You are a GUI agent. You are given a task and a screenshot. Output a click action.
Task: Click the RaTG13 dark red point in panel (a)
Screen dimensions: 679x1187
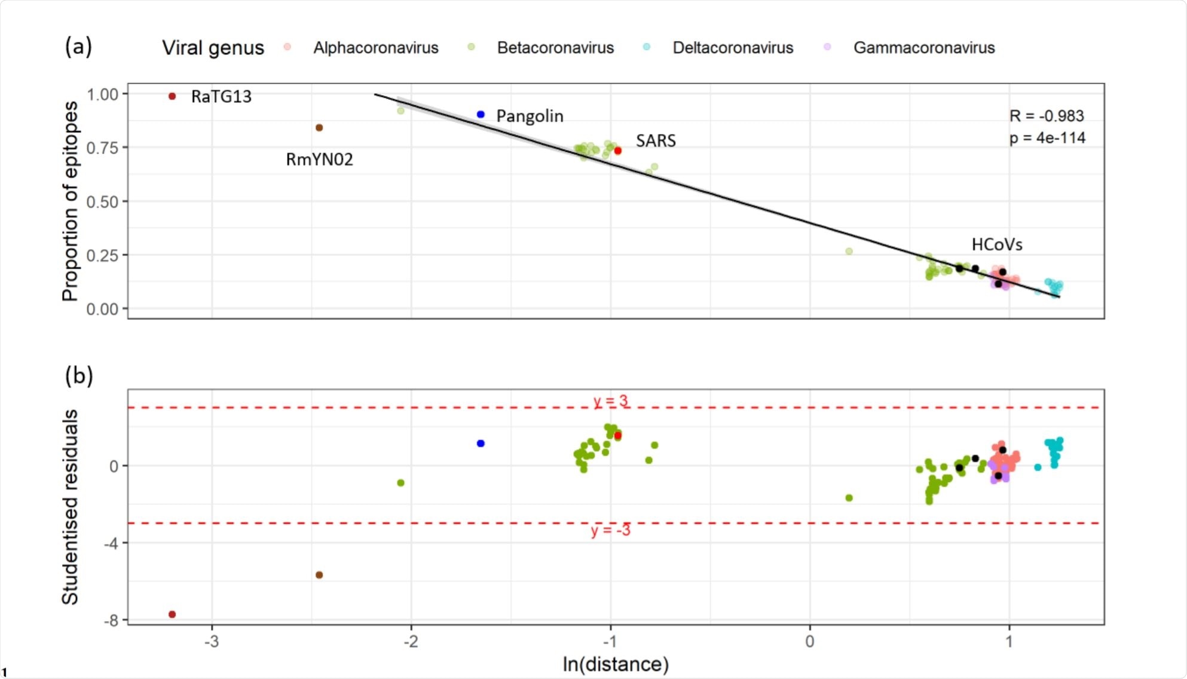coord(172,96)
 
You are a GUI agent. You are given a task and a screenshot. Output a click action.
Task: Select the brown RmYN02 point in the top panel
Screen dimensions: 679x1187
coord(319,128)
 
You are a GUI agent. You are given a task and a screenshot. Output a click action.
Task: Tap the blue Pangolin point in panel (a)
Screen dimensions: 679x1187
coord(481,114)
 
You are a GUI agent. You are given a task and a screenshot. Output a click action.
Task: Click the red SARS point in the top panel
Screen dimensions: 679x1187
coord(618,151)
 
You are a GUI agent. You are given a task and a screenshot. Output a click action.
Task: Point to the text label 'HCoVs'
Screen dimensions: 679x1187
coord(996,244)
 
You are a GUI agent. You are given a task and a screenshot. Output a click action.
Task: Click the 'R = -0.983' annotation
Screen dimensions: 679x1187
coord(1047,116)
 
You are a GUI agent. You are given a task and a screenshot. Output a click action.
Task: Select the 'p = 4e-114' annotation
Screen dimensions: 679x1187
coord(1047,138)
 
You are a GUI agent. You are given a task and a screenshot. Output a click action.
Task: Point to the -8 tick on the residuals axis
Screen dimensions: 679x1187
coord(111,620)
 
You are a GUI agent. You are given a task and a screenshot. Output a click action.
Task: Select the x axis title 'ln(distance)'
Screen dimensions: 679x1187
coord(615,664)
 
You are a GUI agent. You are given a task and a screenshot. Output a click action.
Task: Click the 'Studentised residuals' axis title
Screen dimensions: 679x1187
coord(70,507)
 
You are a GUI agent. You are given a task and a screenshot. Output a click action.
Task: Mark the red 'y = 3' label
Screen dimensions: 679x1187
coord(610,400)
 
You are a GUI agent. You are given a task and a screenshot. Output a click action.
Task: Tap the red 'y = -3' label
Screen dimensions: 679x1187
coord(610,531)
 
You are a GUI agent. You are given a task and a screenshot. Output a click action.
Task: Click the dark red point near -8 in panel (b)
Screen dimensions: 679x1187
coord(172,614)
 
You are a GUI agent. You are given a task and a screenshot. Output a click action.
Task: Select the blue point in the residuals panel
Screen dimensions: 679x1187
coord(481,444)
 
